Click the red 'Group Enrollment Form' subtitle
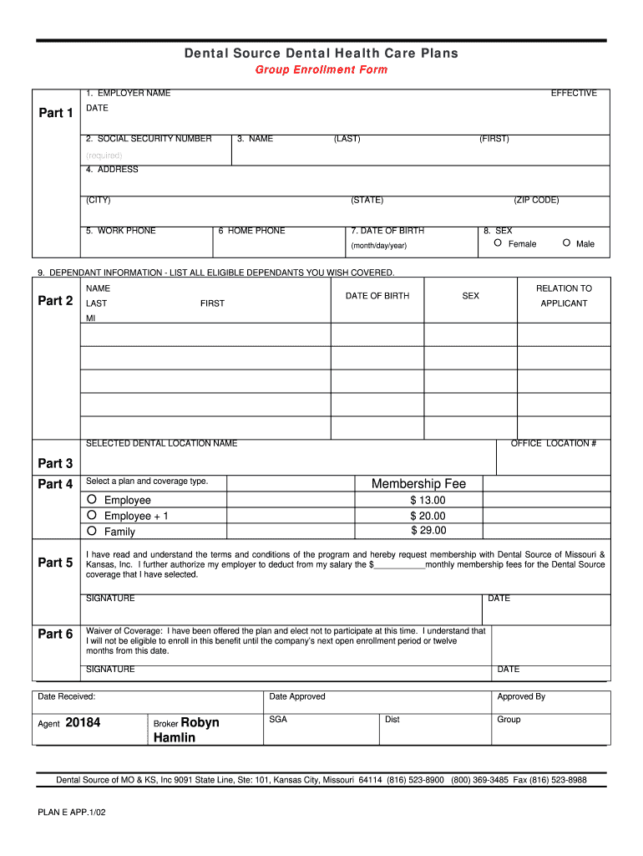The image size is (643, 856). (x=321, y=69)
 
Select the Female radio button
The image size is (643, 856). (x=498, y=243)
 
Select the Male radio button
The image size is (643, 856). (x=566, y=243)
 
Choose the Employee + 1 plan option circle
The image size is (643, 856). (x=93, y=516)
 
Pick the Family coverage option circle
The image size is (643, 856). (x=93, y=531)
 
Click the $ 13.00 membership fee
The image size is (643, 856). (x=428, y=500)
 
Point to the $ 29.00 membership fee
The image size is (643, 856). (x=428, y=531)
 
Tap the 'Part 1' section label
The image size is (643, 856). (x=56, y=113)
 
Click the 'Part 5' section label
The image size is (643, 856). (x=56, y=563)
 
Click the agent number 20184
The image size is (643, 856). (x=83, y=722)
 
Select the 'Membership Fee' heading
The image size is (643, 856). (x=418, y=483)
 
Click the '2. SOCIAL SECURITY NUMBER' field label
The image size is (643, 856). (x=148, y=139)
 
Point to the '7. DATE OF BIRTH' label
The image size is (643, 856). (x=387, y=231)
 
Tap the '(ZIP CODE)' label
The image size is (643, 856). (x=536, y=200)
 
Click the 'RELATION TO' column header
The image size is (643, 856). (x=564, y=288)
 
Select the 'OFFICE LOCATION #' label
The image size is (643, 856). (x=553, y=443)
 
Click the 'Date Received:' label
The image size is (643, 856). (x=67, y=696)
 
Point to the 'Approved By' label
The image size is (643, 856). (x=521, y=696)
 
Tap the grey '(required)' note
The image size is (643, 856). (x=104, y=155)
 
